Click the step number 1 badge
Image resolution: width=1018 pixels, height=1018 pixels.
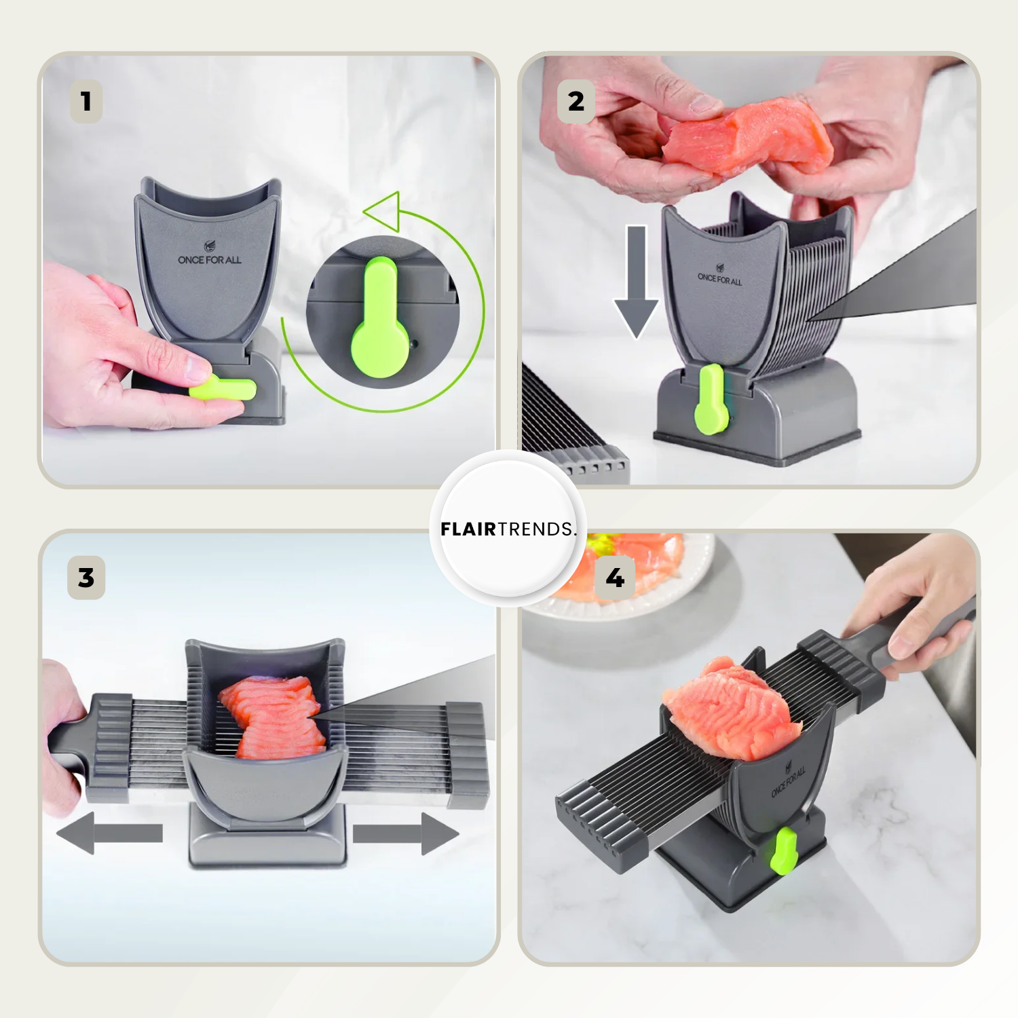point(86,102)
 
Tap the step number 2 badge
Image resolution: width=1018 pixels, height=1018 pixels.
point(576,102)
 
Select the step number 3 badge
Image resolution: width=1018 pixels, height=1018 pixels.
point(86,578)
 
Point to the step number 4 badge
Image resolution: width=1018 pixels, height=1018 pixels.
point(615,578)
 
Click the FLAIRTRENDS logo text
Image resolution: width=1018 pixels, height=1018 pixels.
point(508,529)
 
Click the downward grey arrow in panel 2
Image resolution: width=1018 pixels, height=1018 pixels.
point(636,282)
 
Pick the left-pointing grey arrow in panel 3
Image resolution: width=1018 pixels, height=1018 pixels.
point(109,833)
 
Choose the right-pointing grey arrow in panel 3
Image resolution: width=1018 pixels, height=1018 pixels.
point(406,833)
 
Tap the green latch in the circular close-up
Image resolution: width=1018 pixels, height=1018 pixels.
point(380,318)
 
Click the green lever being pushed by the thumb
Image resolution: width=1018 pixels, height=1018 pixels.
point(223,388)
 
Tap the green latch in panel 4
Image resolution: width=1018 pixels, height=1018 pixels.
point(784,850)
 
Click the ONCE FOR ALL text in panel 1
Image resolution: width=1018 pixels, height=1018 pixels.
point(210,260)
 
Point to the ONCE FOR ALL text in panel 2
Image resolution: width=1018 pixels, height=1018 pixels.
point(719,278)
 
